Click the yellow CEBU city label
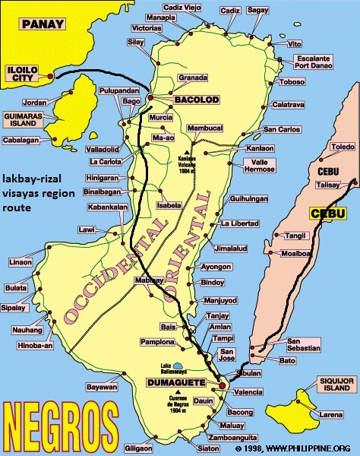pos(327,213)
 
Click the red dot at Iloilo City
pos(50,76)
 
